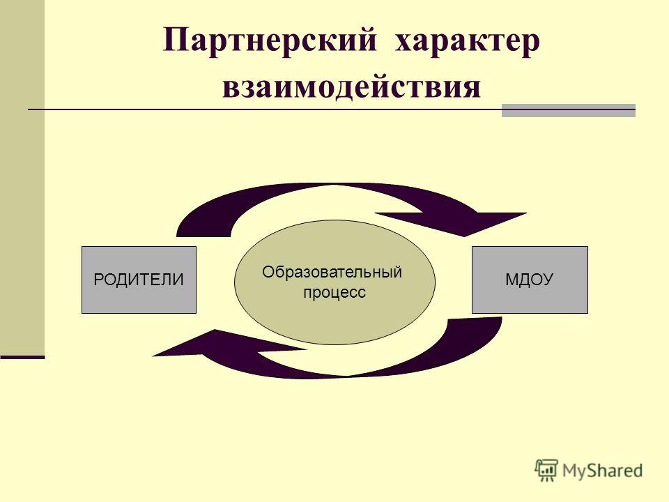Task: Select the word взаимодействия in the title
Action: click(x=351, y=87)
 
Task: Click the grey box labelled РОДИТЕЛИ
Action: click(x=139, y=280)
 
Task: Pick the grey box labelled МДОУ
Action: click(x=530, y=280)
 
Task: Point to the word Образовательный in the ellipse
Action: click(x=332, y=272)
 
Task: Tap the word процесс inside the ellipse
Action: click(x=334, y=293)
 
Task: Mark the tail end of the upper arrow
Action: click(x=203, y=236)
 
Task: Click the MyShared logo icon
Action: click(x=546, y=471)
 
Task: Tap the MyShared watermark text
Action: click(x=602, y=471)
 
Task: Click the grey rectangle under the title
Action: click(x=569, y=110)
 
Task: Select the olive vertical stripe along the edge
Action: click(x=22, y=177)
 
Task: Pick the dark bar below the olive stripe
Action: click(x=22, y=357)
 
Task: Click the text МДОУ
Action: click(x=530, y=280)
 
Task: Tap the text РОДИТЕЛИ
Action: click(x=139, y=280)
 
